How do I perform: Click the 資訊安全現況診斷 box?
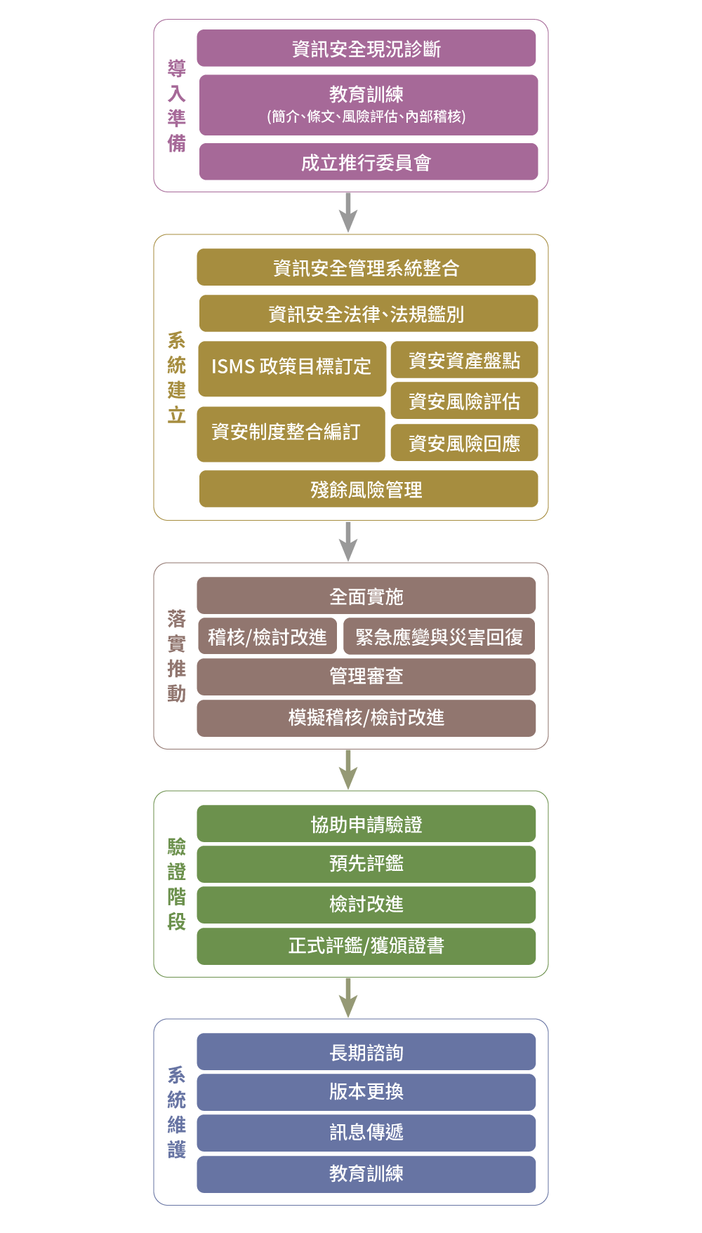point(366,48)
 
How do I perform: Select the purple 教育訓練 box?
point(369,105)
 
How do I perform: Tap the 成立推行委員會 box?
point(369,162)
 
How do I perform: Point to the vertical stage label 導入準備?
point(177,105)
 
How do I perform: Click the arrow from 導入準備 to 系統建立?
point(348,213)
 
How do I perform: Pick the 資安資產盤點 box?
point(465,360)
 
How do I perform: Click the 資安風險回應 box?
point(465,443)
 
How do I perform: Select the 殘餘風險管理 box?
point(369,489)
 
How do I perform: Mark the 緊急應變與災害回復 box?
point(439,637)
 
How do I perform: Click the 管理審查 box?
point(366,677)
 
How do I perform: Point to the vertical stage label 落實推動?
point(177,656)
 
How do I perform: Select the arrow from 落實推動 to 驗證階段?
point(348,770)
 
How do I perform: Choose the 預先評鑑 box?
point(366,864)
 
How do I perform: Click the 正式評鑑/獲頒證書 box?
point(366,946)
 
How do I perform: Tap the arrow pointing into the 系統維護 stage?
point(348,998)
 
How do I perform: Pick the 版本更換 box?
point(366,1092)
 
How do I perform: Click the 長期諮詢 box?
point(366,1052)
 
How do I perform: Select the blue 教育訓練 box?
point(366,1174)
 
